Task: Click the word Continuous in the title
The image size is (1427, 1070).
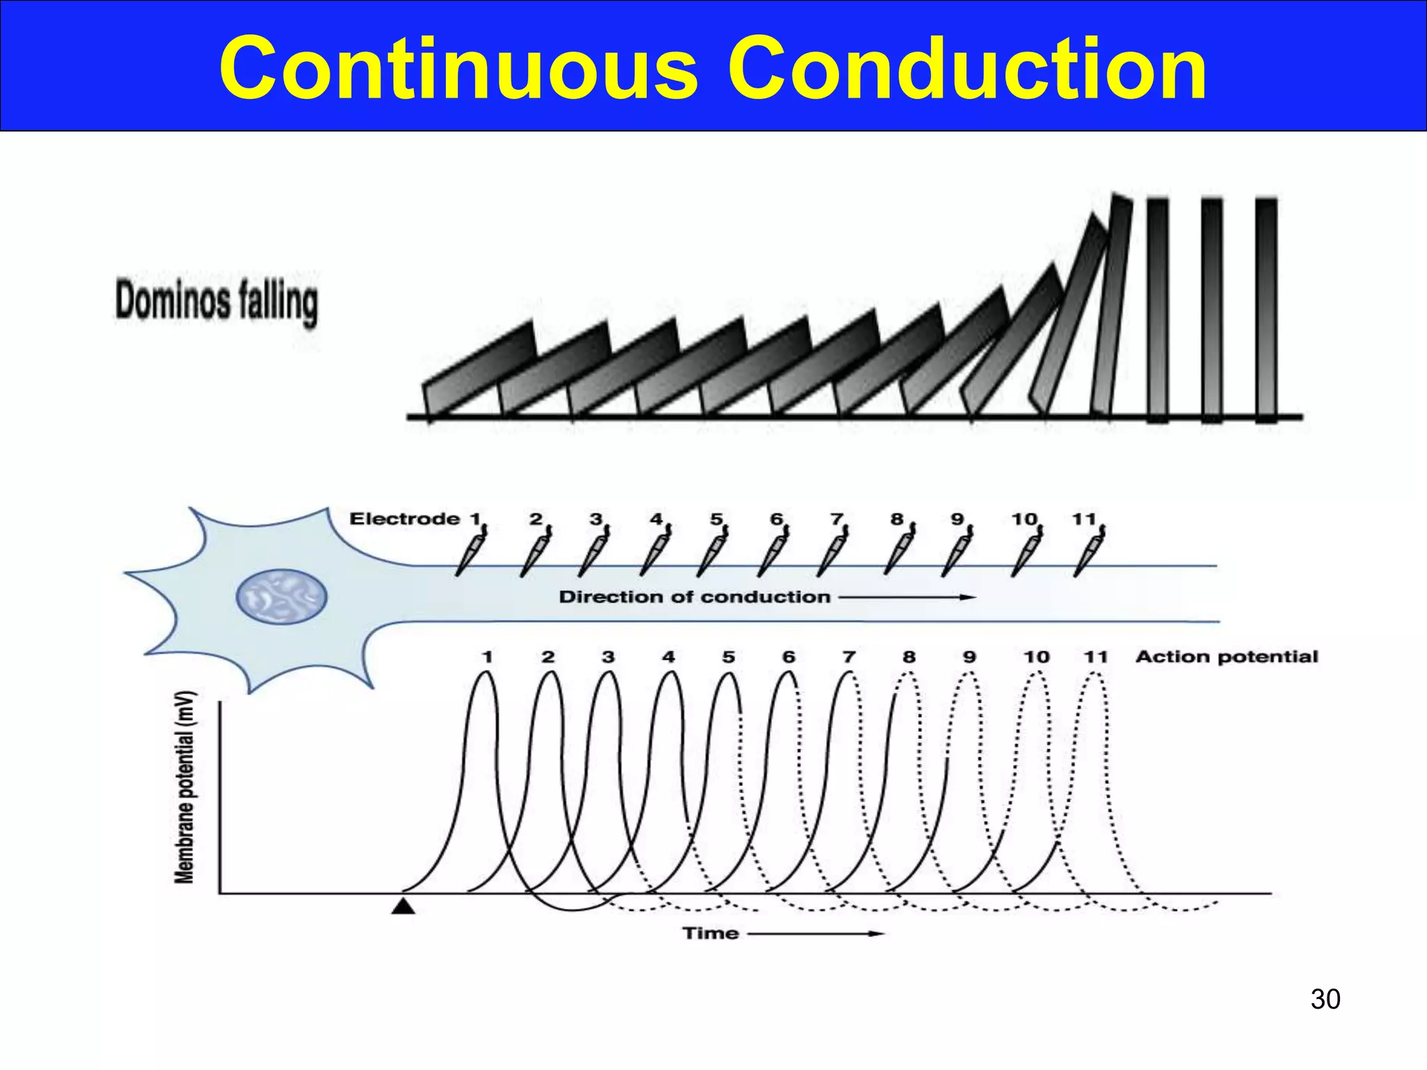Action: click(x=458, y=70)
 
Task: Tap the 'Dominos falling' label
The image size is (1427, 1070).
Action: click(x=217, y=302)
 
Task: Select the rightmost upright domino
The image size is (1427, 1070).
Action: click(x=1266, y=310)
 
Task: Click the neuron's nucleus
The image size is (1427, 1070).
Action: click(x=281, y=596)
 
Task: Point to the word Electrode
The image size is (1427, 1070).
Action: click(x=404, y=519)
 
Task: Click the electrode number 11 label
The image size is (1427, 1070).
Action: click(x=1083, y=519)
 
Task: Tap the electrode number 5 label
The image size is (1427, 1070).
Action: click(x=716, y=519)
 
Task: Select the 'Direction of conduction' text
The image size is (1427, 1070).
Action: click(x=695, y=597)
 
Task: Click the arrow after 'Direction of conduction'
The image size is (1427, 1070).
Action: click(x=906, y=597)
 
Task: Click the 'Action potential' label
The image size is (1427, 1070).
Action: click(x=1226, y=657)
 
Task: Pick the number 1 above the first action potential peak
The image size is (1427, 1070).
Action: click(x=487, y=657)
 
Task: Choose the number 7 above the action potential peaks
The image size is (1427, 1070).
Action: click(x=849, y=657)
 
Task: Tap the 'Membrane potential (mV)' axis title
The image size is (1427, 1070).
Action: click(x=185, y=787)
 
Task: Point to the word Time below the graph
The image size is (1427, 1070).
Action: click(x=710, y=933)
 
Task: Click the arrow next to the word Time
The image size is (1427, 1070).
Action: click(x=815, y=933)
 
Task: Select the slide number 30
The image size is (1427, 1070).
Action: click(x=1325, y=999)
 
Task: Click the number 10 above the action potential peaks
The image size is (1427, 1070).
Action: click(x=1036, y=657)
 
